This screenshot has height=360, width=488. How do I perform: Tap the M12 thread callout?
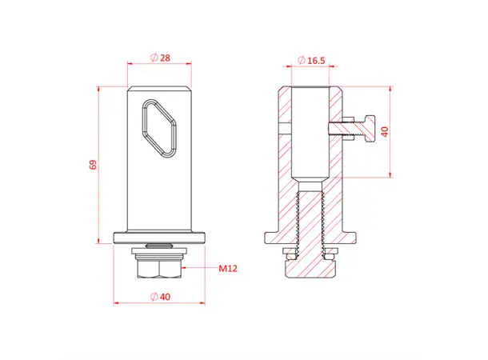pos(230,269)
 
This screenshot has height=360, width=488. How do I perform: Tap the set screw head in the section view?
pos(367,128)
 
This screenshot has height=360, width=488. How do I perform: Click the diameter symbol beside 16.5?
pos(300,61)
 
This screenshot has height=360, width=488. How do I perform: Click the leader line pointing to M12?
pos(200,269)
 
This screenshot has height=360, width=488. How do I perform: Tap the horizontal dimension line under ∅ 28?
pos(160,64)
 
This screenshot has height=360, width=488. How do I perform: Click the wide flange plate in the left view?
pos(161,238)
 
